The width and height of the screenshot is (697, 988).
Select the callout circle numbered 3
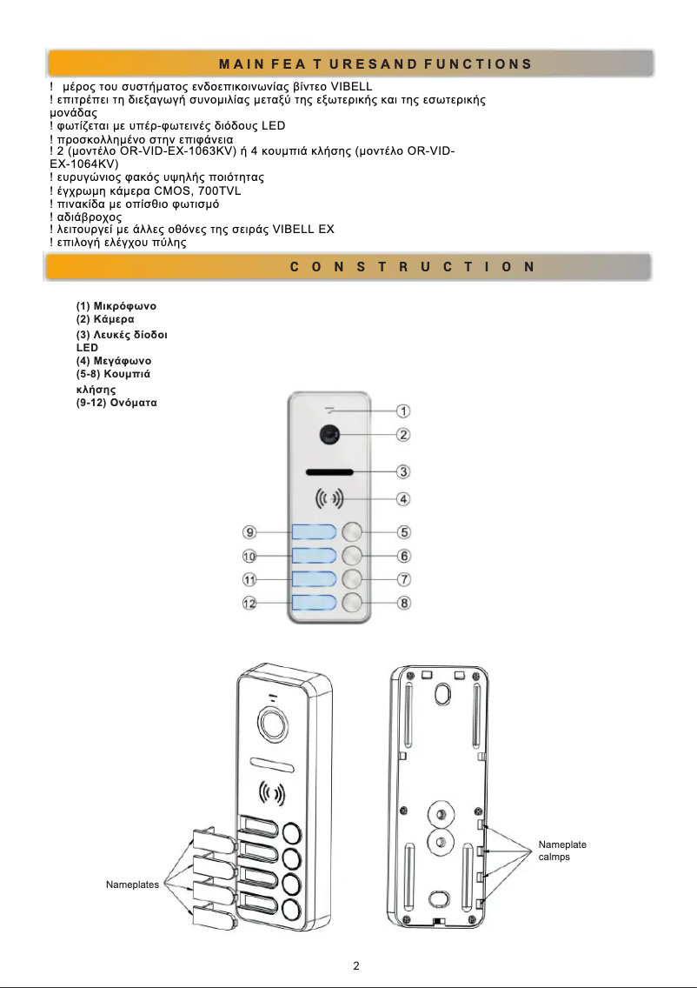point(404,472)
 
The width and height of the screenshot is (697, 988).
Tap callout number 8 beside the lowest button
point(404,603)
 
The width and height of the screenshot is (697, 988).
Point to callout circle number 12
point(249,603)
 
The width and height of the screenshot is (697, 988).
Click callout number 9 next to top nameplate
point(249,532)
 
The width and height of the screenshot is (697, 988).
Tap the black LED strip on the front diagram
point(329,473)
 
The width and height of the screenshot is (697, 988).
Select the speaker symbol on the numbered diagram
point(329,499)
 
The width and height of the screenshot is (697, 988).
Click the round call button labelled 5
point(352,532)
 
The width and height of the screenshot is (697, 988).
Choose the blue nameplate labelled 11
point(313,579)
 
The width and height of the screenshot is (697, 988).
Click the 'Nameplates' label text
point(132,884)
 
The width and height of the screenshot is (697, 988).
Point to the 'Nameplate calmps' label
point(562,851)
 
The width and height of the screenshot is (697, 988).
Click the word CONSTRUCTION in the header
point(412,267)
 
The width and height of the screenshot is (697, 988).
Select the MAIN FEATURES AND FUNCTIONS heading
point(375,64)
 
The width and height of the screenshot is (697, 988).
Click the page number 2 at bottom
point(356,965)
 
